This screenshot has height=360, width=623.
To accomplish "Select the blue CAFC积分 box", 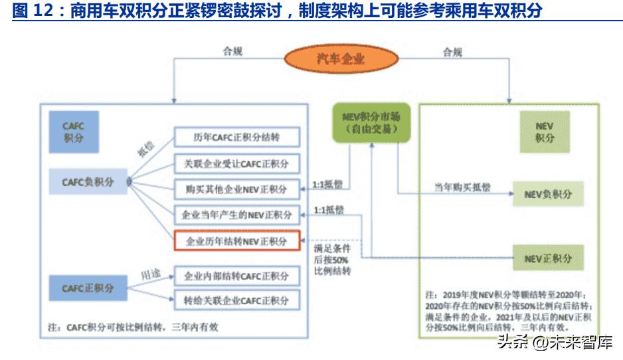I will point(74,131).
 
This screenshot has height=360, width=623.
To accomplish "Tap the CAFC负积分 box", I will point(88,181).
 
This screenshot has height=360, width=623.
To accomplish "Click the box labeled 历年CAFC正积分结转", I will point(236,137).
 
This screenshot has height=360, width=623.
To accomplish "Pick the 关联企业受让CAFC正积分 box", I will point(236,163).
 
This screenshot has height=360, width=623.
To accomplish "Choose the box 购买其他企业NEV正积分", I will point(236,189).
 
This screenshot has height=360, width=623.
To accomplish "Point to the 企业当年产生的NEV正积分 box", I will point(236,215).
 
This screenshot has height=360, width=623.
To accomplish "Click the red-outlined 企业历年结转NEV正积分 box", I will point(236,241).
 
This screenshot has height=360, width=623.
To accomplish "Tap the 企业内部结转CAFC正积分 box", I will point(236,276).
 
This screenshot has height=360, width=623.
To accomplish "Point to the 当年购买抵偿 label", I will point(462,188).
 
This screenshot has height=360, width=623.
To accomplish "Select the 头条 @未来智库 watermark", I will point(555,343).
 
